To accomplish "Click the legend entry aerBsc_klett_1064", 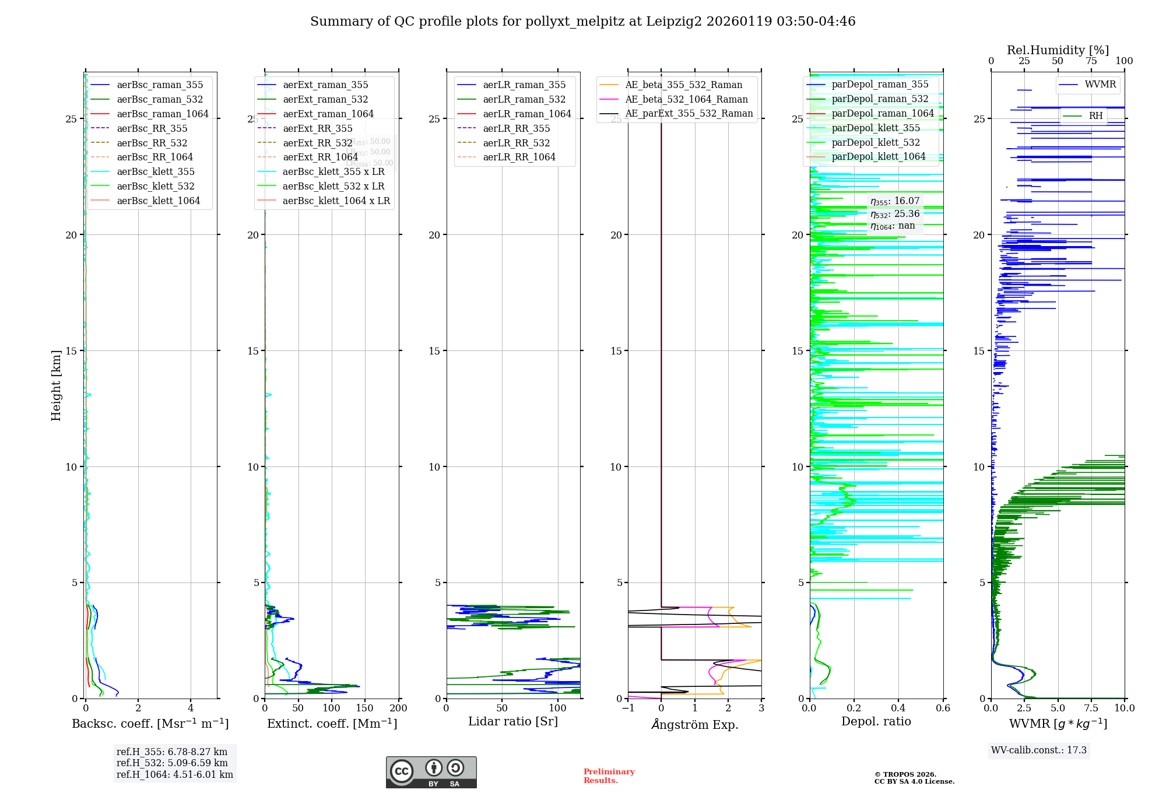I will pos(158,201).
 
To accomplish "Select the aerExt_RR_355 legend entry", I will pos(317,128).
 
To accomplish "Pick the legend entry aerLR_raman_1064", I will pos(526,114).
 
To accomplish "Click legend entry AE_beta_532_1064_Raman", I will pos(686,99).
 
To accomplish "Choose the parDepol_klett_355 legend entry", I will pos(875,128).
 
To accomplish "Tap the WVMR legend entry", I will pos(1100,85).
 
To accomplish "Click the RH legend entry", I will pos(1095,115).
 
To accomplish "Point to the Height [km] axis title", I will pos(56,385).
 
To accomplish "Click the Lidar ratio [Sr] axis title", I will pos(513,721).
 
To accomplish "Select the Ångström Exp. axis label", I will pos(694,724).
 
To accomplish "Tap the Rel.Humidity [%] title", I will pos(1058,50).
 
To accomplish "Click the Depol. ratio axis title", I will pos(876,721).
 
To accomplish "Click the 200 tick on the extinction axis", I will pos(399,708).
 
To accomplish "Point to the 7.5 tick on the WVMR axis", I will pos(1091,708).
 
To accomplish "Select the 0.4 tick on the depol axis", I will pos(898,708).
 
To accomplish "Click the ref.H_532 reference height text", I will pos(172,763).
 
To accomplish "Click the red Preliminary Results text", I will pos(609,776).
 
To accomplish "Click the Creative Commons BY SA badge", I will pos(431,772).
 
